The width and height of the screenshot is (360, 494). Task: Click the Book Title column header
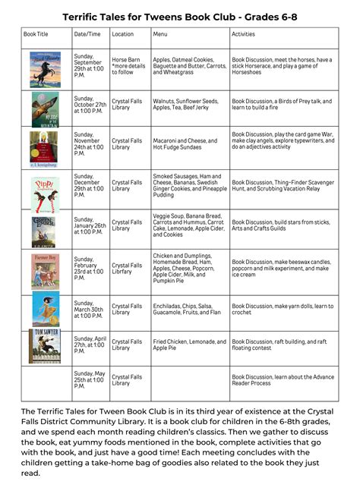(36, 34)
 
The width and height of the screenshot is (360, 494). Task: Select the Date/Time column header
(87, 34)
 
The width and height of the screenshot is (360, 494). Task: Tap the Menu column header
(160, 34)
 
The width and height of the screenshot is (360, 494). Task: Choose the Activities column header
(244, 34)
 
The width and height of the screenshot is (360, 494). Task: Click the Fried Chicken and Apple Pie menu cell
(182, 346)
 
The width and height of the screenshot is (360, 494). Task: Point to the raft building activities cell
(279, 346)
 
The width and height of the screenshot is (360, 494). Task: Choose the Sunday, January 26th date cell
(90, 227)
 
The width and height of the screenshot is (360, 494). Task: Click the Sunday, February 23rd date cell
(90, 271)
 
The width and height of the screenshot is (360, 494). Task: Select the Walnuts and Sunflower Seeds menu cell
(183, 105)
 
